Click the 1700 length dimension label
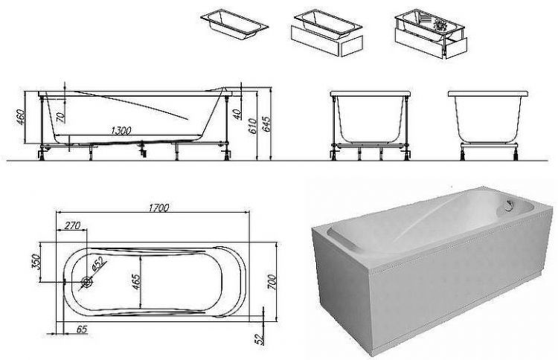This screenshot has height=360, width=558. pos(158,208)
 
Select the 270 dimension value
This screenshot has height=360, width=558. pos(73,225)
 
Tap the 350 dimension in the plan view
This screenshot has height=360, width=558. pos(36,262)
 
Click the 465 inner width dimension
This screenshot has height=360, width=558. pos(136,282)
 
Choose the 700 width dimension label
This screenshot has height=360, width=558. pos(272,282)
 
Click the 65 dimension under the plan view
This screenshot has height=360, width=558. pos(82,330)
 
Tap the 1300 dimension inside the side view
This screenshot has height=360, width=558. pos(121,131)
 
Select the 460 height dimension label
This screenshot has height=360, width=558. pos(20,118)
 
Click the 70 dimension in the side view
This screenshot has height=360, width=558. pos(60,118)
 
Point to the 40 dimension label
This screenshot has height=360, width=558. pos(237,114)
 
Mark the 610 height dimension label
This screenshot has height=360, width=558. pos(251,126)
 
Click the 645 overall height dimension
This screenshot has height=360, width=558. pos(266,123)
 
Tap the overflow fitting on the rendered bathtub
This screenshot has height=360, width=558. pos(510,204)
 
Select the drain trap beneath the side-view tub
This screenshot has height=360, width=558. pos(144,149)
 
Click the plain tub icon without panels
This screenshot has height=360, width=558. pos(234,25)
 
